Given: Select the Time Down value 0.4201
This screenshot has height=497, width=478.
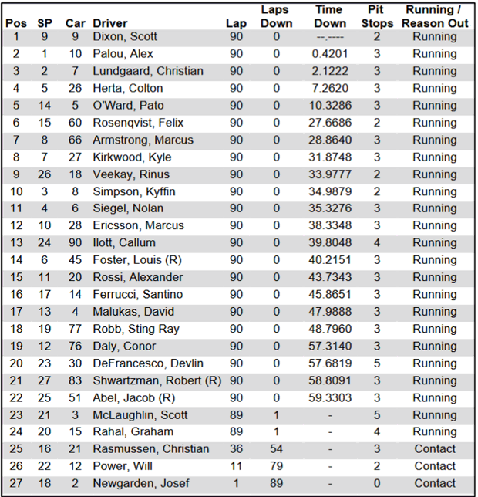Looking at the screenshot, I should [329, 54].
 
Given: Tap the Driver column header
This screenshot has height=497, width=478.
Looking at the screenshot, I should [110, 23].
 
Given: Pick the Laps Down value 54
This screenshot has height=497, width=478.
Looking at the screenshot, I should [276, 449].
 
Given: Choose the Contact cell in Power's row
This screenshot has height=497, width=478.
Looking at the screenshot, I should [434, 466].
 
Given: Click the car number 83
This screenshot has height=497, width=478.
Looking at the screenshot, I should [74, 380].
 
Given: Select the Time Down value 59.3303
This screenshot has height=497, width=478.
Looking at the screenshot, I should [329, 397].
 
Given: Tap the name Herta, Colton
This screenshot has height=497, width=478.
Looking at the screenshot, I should [127, 88].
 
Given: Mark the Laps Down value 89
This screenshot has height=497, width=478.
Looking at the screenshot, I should [276, 483].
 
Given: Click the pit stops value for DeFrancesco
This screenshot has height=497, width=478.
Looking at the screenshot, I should [377, 363].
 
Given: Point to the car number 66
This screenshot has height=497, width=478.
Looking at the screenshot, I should [74, 140].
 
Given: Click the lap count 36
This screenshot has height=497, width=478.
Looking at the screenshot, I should [236, 449].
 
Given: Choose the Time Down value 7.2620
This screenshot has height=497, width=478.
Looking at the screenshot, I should [329, 88].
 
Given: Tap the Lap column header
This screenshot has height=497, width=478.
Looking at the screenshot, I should [236, 23].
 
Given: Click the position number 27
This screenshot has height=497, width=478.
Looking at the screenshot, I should [16, 483].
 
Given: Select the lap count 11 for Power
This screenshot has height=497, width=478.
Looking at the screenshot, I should [236, 466].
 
